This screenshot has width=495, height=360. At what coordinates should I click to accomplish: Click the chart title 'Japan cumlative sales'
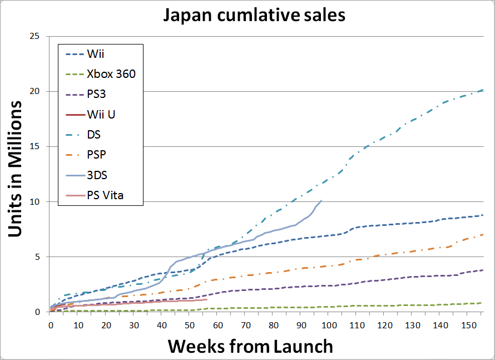click(254, 15)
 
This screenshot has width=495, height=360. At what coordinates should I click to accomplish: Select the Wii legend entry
click(95, 55)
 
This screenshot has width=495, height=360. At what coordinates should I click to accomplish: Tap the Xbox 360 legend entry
click(111, 75)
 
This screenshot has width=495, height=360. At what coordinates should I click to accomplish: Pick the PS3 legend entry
click(98, 95)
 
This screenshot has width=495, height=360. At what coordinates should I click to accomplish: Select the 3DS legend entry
click(97, 175)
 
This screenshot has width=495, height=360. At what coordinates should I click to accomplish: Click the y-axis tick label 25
click(34, 36)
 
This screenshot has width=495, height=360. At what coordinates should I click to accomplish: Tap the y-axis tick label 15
click(34, 146)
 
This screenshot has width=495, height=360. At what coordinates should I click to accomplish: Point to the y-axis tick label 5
click(37, 257)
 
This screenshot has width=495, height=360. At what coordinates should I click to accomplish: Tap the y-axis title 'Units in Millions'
click(17, 169)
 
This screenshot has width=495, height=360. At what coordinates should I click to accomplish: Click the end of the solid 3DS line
click(321, 200)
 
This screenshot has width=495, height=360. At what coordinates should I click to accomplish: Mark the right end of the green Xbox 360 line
click(482, 303)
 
